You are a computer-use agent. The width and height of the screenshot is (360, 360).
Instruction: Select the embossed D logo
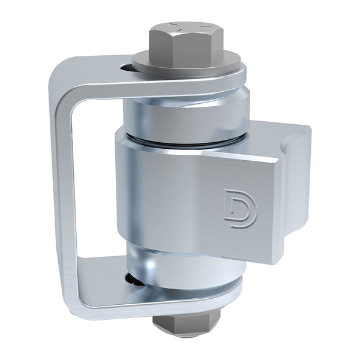tap(240, 208)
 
